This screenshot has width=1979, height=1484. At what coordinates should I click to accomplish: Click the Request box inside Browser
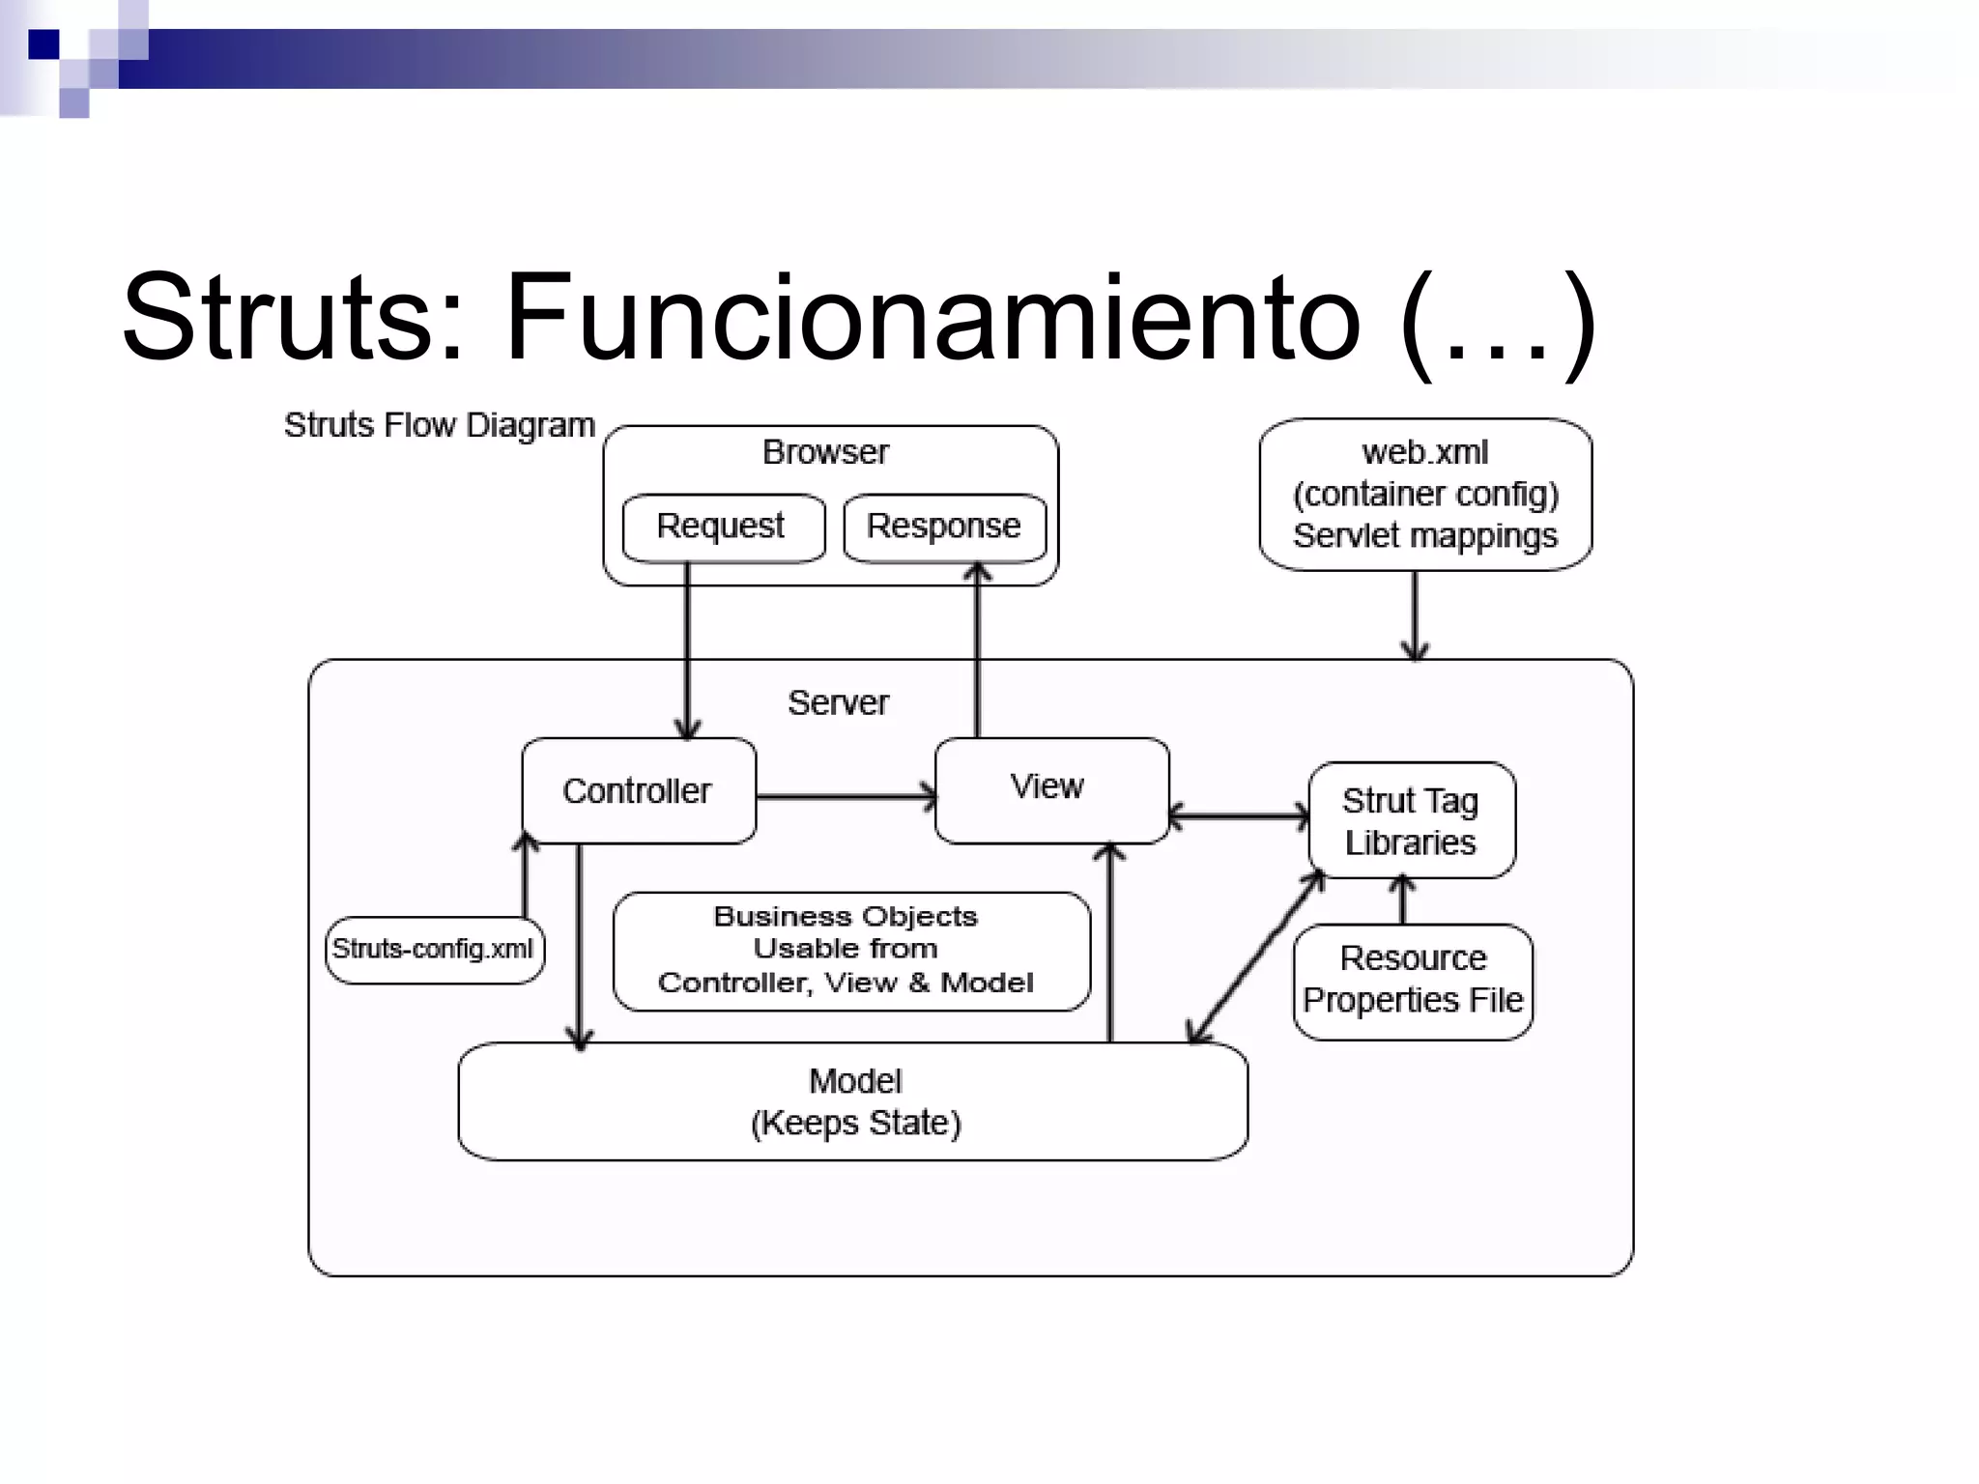(723, 528)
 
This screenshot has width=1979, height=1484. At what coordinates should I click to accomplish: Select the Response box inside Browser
(944, 528)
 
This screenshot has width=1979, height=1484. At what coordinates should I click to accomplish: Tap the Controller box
(638, 791)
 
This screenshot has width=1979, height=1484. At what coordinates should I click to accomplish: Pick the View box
(1051, 789)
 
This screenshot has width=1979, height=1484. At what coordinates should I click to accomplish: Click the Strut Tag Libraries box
(1412, 821)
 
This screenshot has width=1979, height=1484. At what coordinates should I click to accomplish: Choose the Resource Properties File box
(1413, 981)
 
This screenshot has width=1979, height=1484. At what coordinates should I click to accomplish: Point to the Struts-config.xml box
(434, 950)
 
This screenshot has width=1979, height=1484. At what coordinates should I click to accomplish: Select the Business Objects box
(850, 951)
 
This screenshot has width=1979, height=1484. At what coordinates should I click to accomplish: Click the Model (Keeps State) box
(854, 1101)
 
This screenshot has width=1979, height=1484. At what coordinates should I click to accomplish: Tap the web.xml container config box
(1425, 495)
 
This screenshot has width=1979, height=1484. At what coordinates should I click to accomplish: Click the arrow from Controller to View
(846, 797)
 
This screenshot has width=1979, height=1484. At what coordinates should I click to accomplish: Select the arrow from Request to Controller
(687, 657)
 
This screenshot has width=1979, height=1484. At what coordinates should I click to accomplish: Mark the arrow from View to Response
(978, 657)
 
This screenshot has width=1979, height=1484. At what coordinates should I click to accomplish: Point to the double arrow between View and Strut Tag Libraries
(1239, 816)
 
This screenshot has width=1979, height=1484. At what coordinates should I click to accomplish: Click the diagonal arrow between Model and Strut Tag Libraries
(1256, 956)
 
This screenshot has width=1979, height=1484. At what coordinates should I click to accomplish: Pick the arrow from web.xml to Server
(1415, 614)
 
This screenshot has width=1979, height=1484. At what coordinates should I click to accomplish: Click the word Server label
(838, 703)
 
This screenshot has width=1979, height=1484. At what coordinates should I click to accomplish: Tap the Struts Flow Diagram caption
(439, 426)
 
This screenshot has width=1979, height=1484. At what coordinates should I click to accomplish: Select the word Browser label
(825, 452)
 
